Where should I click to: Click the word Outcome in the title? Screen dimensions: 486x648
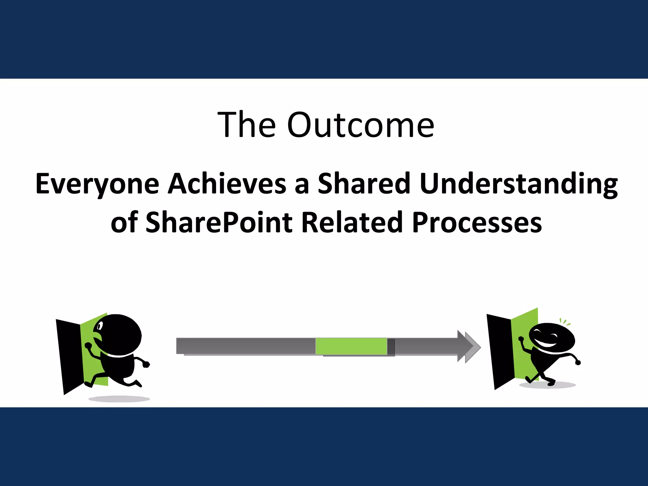pyautogui.click(x=361, y=125)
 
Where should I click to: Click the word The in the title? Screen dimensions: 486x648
pyautogui.click(x=246, y=125)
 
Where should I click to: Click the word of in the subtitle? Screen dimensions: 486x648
pyautogui.click(x=124, y=222)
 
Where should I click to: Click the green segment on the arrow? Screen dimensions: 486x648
pyautogui.click(x=351, y=346)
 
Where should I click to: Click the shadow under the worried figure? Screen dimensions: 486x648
pyautogui.click(x=119, y=399)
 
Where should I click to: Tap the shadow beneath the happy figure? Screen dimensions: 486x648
pyautogui.click(x=547, y=385)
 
